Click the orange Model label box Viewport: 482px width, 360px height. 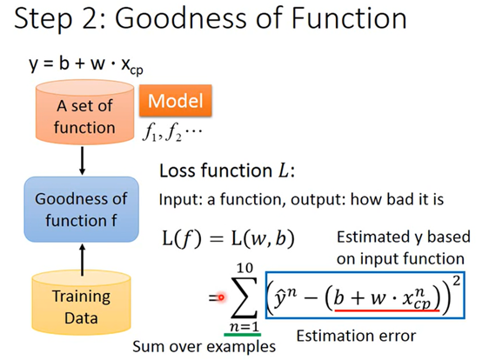click(x=176, y=101)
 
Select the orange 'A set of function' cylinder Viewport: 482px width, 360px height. click(x=85, y=112)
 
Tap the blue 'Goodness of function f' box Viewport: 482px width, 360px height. click(x=82, y=210)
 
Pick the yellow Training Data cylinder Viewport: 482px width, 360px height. click(x=82, y=303)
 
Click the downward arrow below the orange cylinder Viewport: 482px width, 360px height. click(x=82, y=161)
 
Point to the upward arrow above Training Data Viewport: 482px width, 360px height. click(x=82, y=260)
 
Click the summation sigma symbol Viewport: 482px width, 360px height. click(x=244, y=297)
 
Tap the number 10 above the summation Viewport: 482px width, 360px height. click(x=244, y=268)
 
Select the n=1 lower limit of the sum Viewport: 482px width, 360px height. click(x=244, y=326)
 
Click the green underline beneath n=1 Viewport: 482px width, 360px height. click(x=243, y=335)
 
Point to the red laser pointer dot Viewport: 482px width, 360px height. click(x=221, y=297)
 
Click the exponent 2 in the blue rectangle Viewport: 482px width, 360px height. click(x=457, y=281)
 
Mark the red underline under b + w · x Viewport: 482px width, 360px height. click(x=387, y=310)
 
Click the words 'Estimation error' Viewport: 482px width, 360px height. click(x=356, y=336)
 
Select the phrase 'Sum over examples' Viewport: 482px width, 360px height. click(x=204, y=347)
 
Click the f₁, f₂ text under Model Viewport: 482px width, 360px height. click(x=172, y=133)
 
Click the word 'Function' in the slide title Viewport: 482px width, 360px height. click(x=349, y=18)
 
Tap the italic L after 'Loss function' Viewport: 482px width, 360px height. click(x=283, y=170)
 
